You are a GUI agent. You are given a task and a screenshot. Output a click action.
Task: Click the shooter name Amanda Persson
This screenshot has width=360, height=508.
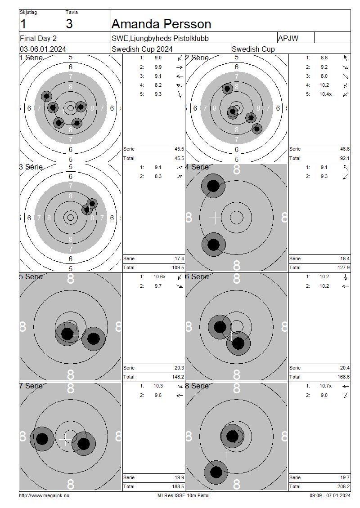(x=161, y=24)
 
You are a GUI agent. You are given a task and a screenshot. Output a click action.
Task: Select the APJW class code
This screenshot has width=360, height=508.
(x=288, y=38)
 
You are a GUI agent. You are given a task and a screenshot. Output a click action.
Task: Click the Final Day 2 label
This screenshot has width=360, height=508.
(x=38, y=38)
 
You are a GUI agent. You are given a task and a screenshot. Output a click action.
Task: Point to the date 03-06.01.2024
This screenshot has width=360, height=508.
(x=43, y=49)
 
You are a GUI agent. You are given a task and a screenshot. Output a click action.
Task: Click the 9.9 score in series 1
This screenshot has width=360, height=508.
(x=158, y=67)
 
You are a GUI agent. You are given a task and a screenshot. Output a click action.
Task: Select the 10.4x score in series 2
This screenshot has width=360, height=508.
(x=325, y=94)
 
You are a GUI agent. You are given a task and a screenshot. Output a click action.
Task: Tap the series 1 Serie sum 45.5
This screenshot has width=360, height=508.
(x=179, y=149)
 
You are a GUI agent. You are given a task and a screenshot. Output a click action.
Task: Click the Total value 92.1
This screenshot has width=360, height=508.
(x=345, y=158)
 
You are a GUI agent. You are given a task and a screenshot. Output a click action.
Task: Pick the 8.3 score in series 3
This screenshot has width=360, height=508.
(x=158, y=176)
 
